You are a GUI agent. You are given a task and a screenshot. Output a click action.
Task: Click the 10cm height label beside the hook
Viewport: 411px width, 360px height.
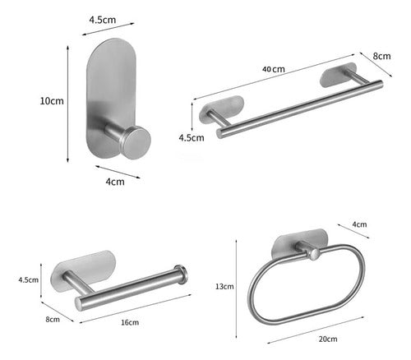52,101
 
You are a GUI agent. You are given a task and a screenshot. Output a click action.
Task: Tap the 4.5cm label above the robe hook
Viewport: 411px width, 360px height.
103,20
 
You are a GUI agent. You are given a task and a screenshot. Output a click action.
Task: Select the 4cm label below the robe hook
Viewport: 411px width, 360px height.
115,182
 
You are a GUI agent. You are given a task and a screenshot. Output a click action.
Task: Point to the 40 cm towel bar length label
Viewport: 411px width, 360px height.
274,69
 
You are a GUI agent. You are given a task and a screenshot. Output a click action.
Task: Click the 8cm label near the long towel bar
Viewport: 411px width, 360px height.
381,56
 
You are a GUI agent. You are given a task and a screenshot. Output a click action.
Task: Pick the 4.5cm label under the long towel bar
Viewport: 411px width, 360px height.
192,137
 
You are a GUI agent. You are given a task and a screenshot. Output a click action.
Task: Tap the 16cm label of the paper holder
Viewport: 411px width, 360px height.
130,322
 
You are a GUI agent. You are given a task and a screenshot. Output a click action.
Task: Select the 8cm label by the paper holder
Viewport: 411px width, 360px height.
53,319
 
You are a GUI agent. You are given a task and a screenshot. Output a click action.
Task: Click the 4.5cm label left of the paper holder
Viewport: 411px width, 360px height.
29,279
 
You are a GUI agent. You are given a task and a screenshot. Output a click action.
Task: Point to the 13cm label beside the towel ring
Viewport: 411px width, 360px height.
224,287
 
